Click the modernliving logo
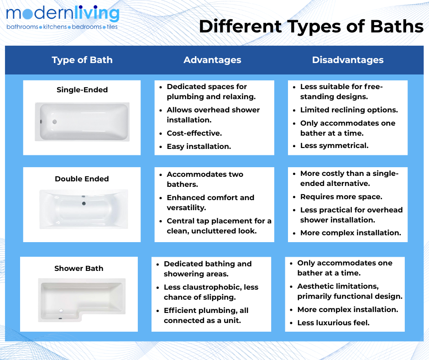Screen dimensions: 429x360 (x=63, y=17)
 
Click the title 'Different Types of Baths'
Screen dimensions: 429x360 (x=311, y=26)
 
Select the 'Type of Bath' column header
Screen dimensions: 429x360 (x=82, y=60)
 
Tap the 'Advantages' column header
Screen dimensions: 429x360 (x=212, y=60)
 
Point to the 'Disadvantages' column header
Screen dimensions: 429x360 (x=348, y=60)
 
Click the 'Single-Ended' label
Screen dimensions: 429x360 (x=82, y=90)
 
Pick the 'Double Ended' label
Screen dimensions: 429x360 (x=82, y=179)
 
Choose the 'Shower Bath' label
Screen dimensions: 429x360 (x=79, y=268)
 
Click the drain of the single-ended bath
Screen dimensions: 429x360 (x=55, y=122)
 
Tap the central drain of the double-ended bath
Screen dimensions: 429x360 (x=84, y=204)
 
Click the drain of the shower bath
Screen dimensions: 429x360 (x=61, y=311)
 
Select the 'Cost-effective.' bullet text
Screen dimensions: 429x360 (x=194, y=133)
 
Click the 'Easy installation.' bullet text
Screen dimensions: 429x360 (x=199, y=147)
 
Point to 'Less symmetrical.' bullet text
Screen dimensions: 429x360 (x=335, y=145)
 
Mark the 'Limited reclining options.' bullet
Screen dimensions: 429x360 (x=349, y=110)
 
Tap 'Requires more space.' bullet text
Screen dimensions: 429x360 (x=341, y=197)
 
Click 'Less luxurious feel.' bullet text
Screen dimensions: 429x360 (x=333, y=323)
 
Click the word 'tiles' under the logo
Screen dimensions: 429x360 (x=112, y=27)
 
